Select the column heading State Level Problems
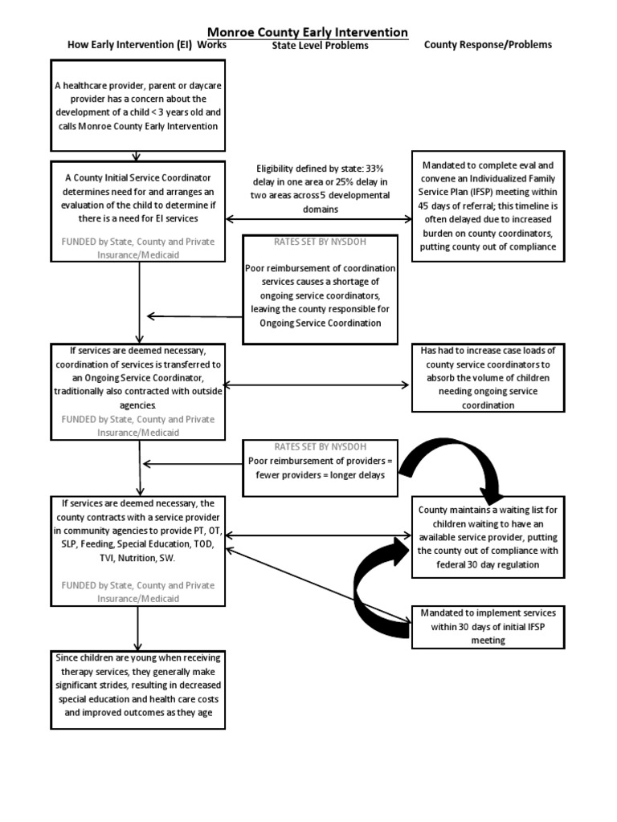320,46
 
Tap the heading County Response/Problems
488,45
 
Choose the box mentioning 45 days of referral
487,205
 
